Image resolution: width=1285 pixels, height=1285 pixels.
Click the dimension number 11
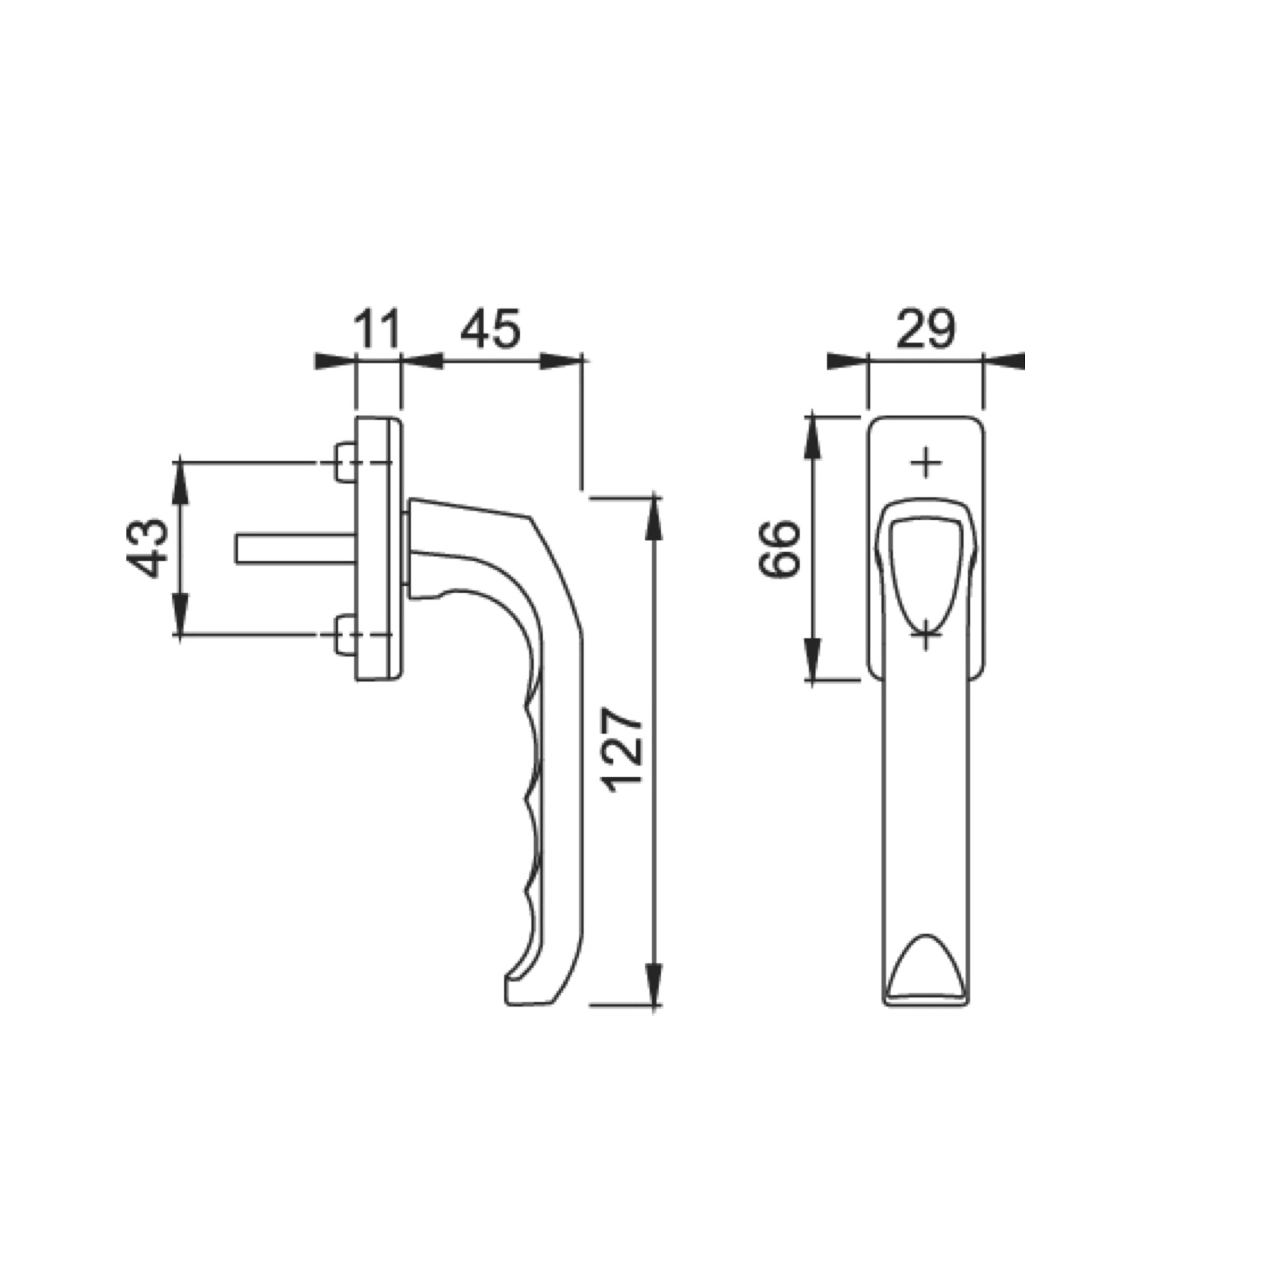(378, 329)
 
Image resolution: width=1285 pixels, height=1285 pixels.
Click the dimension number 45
(491, 329)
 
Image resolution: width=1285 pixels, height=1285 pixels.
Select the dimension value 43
(148, 548)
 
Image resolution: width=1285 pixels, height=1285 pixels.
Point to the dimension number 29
(925, 329)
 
